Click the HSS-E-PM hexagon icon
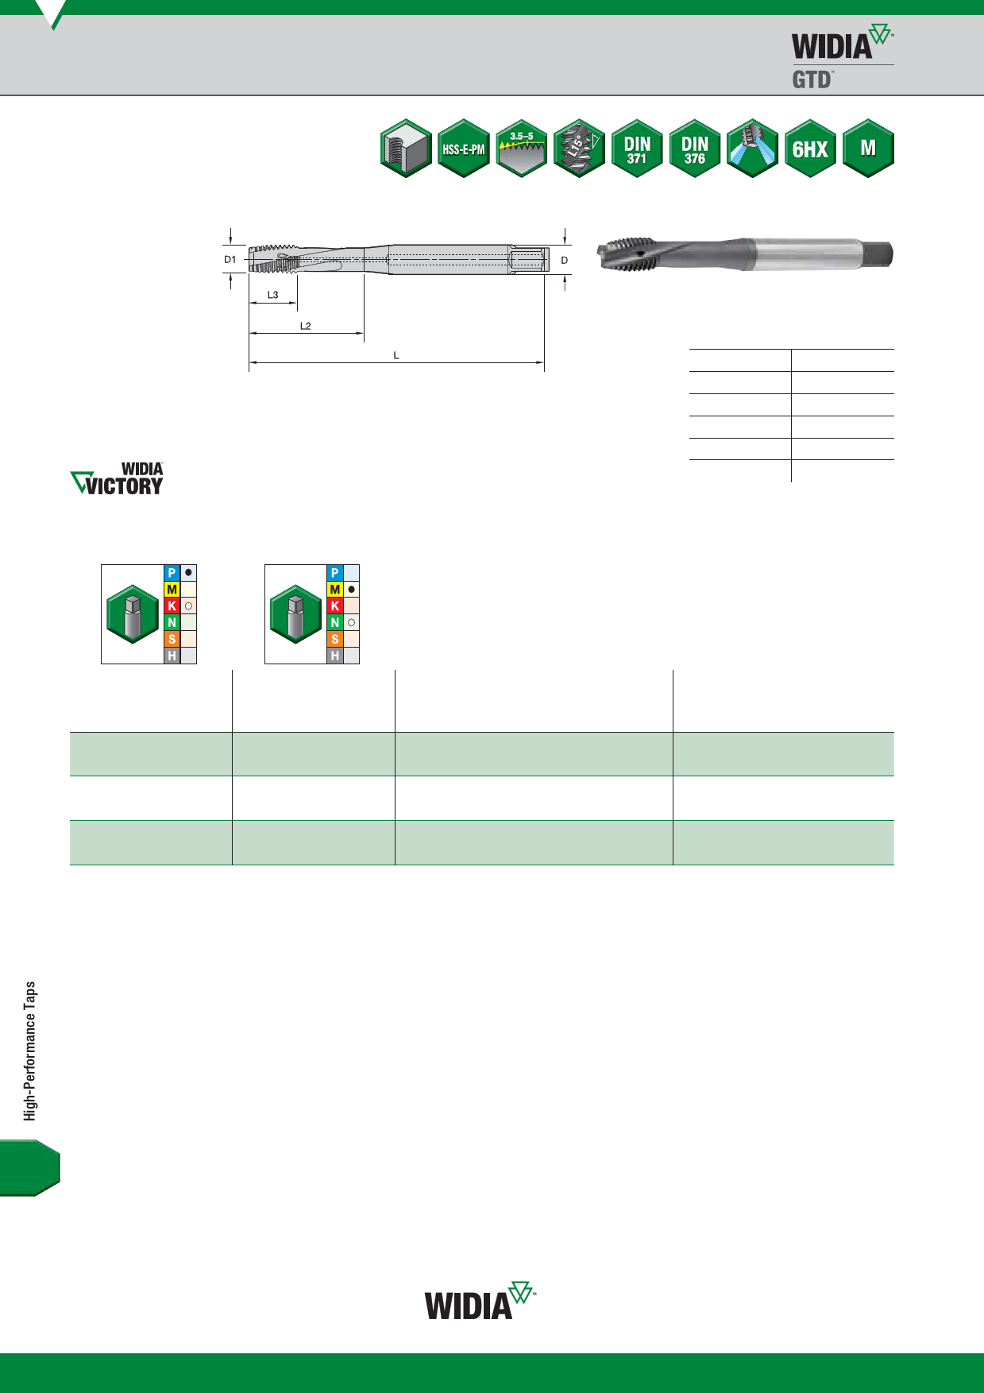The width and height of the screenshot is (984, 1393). [x=464, y=149]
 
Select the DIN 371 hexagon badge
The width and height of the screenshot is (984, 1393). [x=637, y=149]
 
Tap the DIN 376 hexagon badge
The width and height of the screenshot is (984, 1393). [x=695, y=149]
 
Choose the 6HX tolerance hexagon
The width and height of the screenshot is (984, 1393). [x=810, y=149]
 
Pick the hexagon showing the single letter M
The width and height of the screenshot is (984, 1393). [x=868, y=149]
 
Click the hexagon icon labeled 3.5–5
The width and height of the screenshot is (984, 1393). [x=522, y=149]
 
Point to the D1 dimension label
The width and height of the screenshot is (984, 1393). [x=230, y=260]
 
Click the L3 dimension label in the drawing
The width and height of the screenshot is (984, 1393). [x=272, y=295]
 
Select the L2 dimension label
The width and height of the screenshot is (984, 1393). [x=305, y=326]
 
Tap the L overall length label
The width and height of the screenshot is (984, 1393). [x=396, y=355]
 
